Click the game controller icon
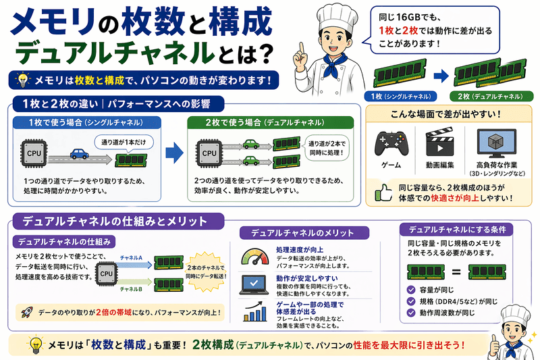click(391, 143)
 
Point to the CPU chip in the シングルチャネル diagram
click(34, 155)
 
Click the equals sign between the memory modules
click(453, 274)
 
